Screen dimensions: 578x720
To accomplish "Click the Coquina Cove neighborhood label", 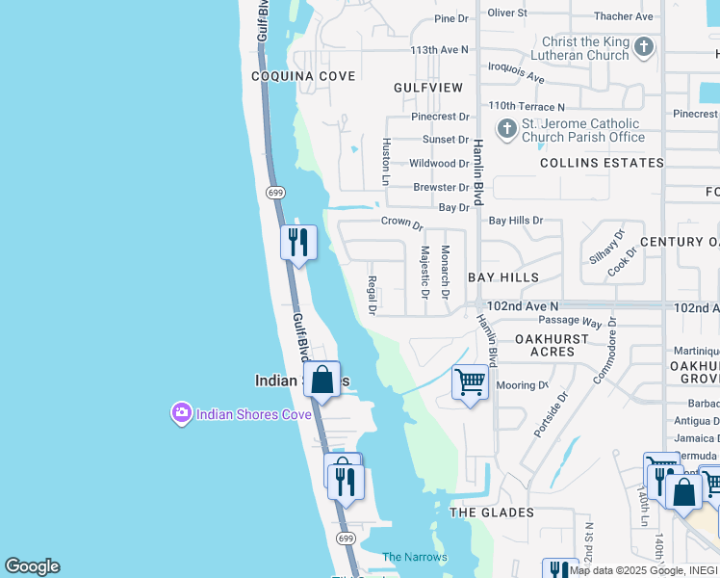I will click(x=303, y=76).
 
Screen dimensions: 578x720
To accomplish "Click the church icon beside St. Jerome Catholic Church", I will click(x=507, y=128).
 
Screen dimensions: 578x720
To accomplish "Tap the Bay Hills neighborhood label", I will click(x=503, y=277).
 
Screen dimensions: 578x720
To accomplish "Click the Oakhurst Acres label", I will click(x=558, y=345).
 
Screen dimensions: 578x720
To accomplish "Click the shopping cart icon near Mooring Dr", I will click(x=470, y=382).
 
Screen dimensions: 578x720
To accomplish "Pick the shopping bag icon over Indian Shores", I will click(x=322, y=380).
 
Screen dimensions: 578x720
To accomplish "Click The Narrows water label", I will click(x=415, y=557).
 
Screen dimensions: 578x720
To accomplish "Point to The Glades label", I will click(x=492, y=512).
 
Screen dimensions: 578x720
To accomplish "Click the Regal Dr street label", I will click(x=372, y=296).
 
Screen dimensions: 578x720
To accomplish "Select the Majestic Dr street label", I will click(x=424, y=272).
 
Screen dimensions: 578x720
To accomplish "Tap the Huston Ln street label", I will click(x=386, y=161).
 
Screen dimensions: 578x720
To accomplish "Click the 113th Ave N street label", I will click(x=439, y=49).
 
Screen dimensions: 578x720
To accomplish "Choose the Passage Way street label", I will click(x=570, y=320).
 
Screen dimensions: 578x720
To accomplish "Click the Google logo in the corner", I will click(x=32, y=566).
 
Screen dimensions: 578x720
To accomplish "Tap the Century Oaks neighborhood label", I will click(x=679, y=242).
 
